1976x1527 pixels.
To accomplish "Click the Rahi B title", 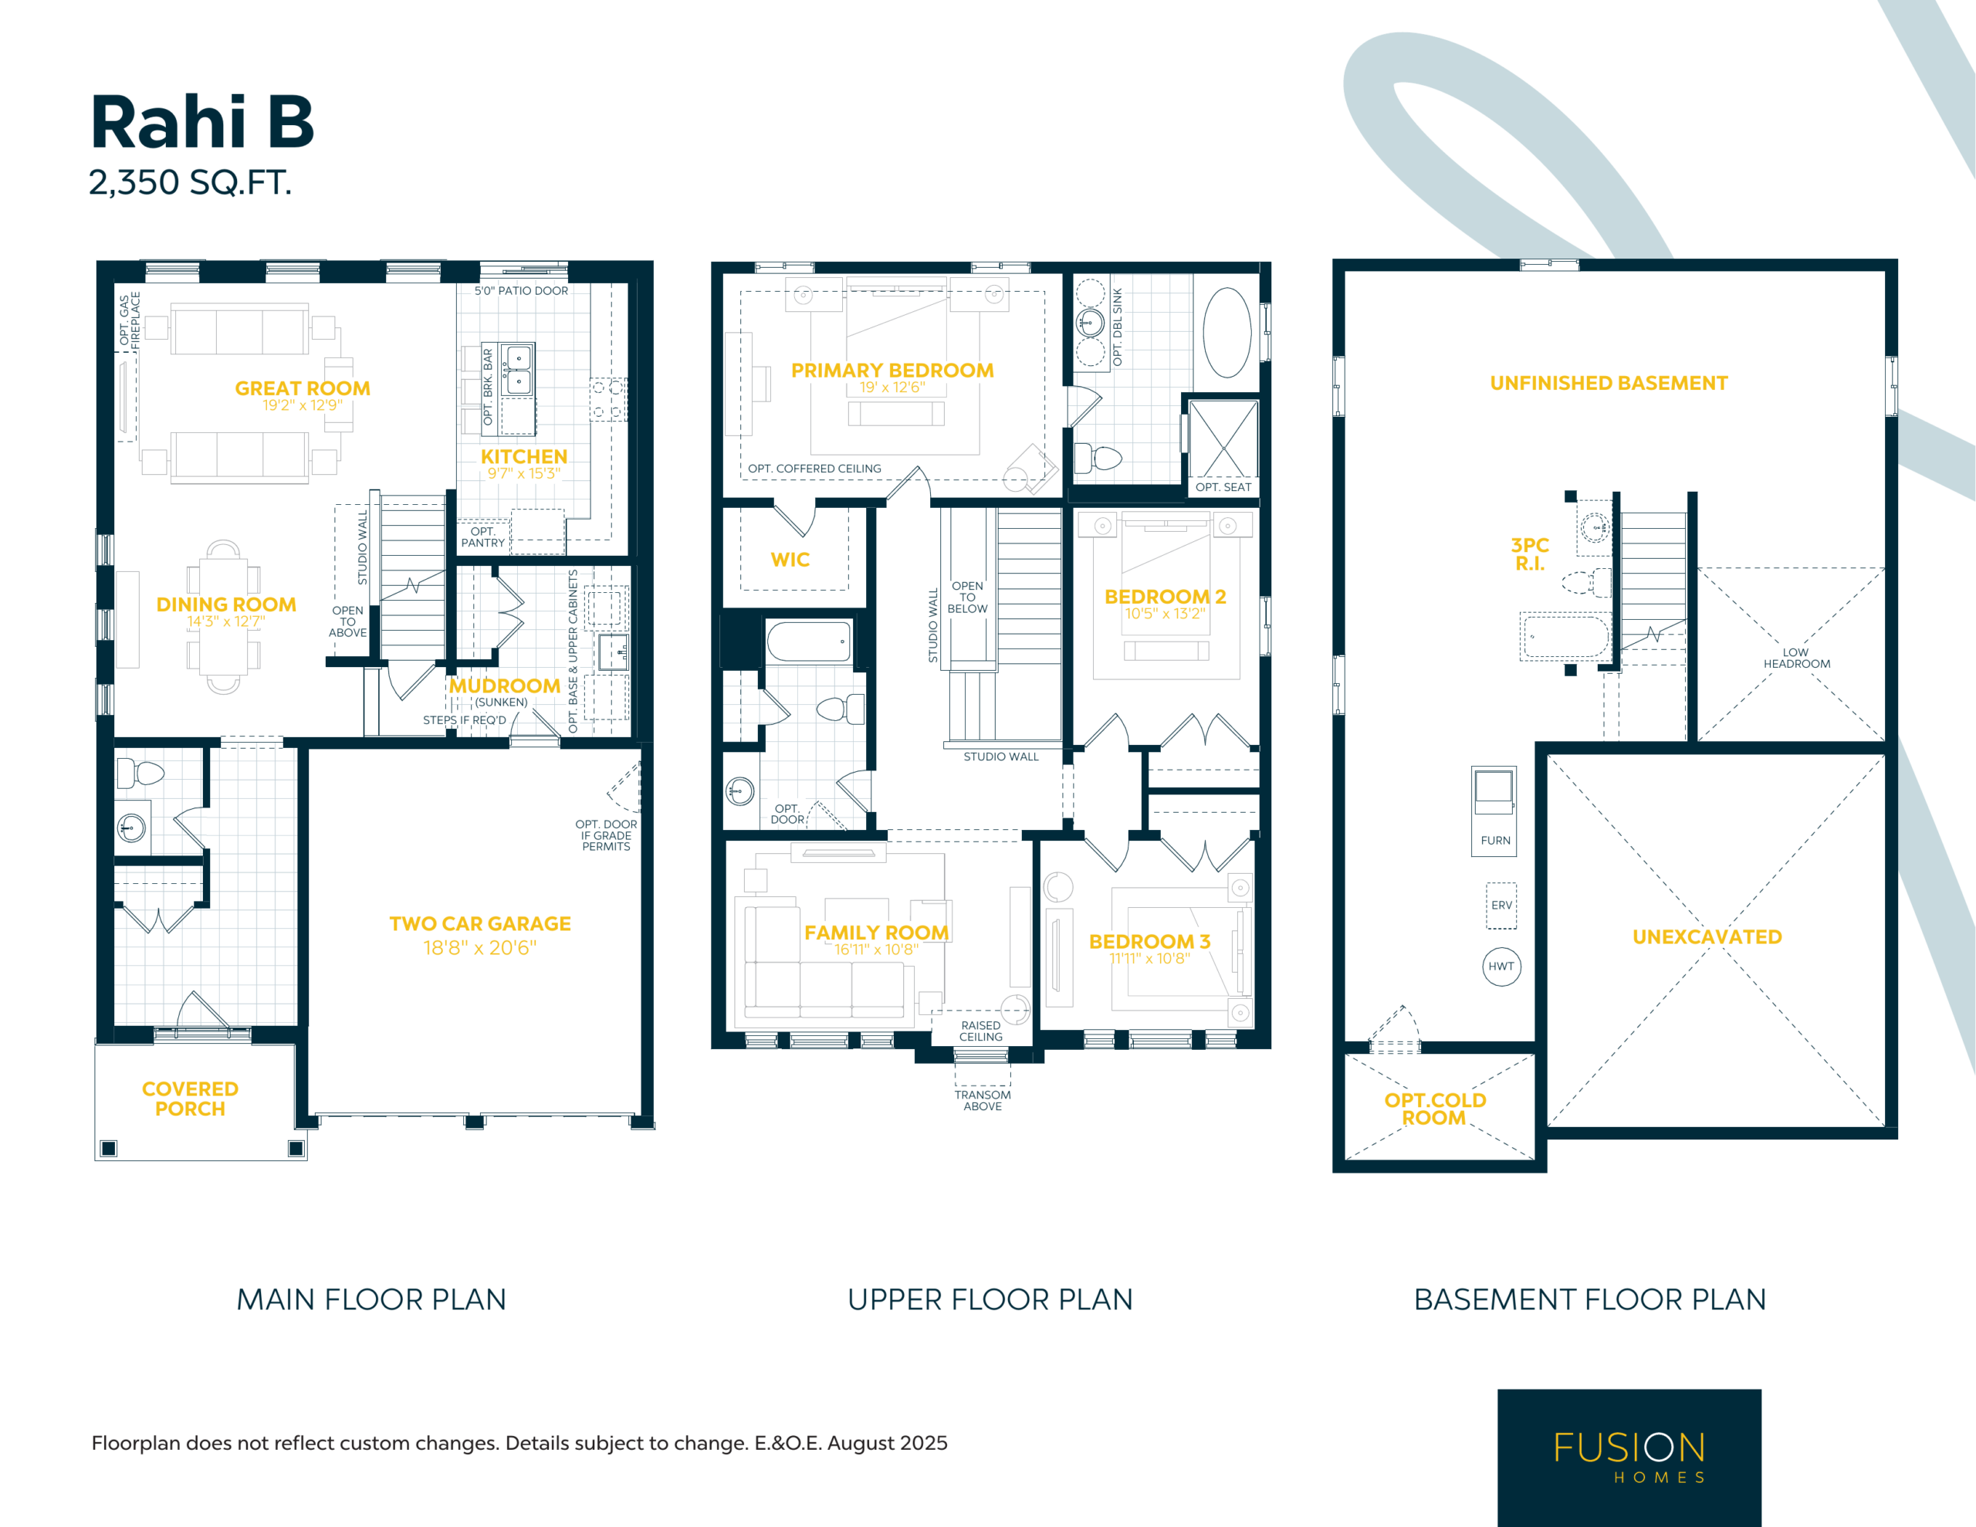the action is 203,122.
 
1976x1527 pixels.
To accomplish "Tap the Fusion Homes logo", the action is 1629,1458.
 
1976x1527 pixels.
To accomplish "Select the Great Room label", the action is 303,388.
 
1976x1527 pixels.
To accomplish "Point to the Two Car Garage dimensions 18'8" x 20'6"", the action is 479,948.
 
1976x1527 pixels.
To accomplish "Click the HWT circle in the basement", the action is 1501,967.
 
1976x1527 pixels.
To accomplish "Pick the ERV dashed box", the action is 1501,905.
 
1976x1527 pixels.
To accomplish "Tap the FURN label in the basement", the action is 1496,840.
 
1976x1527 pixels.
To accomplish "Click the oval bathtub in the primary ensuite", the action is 1227,332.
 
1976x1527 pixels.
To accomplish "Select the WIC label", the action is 790,560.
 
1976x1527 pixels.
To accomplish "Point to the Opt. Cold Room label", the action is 1435,1109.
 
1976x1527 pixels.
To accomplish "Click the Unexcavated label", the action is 1707,937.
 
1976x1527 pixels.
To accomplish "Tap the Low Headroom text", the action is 1796,658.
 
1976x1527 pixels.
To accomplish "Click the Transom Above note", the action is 983,1101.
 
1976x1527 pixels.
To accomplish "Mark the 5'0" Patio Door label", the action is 521,290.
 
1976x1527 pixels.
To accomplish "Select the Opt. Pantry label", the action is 483,537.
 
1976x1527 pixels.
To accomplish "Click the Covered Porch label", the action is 190,1099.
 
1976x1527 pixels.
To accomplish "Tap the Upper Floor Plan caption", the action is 990,1300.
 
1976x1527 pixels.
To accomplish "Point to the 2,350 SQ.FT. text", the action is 190,183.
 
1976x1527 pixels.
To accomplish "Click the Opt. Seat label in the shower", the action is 1223,487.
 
